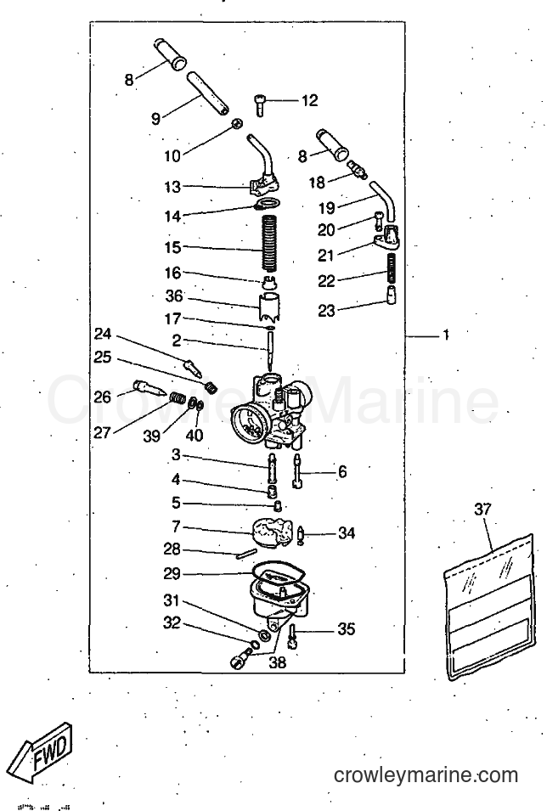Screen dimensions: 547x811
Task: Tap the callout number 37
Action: click(x=482, y=509)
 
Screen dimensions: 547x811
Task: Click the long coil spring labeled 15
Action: click(x=269, y=242)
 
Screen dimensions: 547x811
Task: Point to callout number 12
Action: click(x=309, y=100)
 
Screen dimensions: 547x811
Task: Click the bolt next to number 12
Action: click(x=259, y=105)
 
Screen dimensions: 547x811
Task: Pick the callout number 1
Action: click(x=446, y=335)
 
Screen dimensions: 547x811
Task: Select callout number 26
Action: click(x=103, y=397)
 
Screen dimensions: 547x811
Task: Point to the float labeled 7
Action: click(x=272, y=532)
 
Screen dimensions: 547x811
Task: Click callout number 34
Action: click(x=347, y=532)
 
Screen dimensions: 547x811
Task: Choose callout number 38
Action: click(x=278, y=662)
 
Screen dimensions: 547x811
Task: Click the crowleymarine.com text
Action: click(x=426, y=775)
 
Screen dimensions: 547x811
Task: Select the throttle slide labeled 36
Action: click(x=269, y=307)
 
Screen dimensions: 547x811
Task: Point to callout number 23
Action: click(x=326, y=310)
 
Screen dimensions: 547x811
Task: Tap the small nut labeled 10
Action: click(x=236, y=123)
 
